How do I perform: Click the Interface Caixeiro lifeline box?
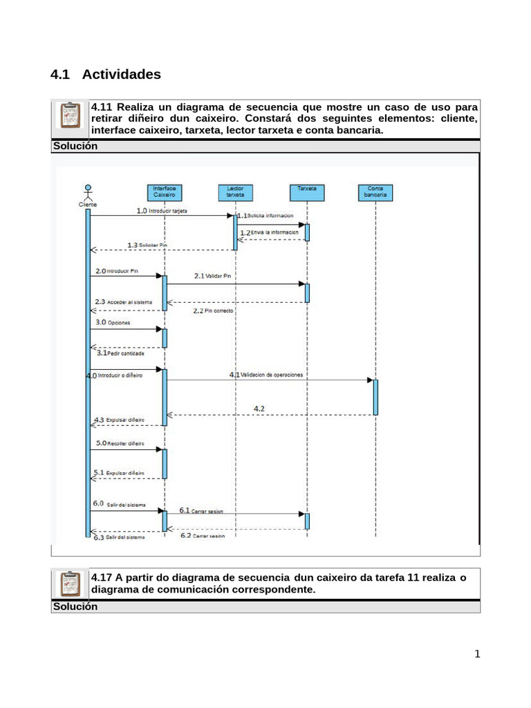tap(165, 192)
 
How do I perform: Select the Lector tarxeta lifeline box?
tap(235, 192)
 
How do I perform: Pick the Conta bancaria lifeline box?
tap(375, 192)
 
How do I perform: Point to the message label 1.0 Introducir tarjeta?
tap(162, 210)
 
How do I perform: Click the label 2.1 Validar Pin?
tap(212, 276)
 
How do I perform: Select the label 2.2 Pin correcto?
tap(214, 311)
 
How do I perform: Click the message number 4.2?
tap(259, 409)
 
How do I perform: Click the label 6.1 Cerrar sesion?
tap(201, 511)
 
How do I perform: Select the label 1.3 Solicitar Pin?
tap(147, 245)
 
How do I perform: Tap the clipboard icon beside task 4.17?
tap(70, 585)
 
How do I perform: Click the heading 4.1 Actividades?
tap(106, 74)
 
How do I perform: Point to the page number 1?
tap(476, 655)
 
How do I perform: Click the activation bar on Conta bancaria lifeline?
tap(375, 397)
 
